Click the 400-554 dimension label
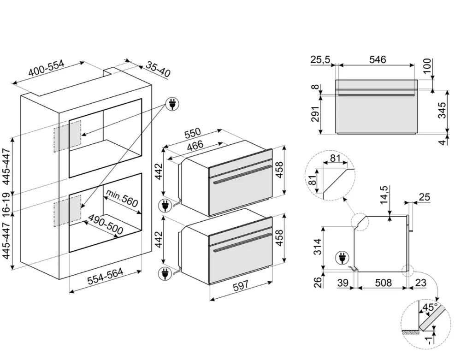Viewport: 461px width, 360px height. (x=46, y=69)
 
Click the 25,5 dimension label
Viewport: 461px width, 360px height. (x=322, y=59)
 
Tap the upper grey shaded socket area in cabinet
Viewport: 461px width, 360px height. (x=68, y=136)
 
